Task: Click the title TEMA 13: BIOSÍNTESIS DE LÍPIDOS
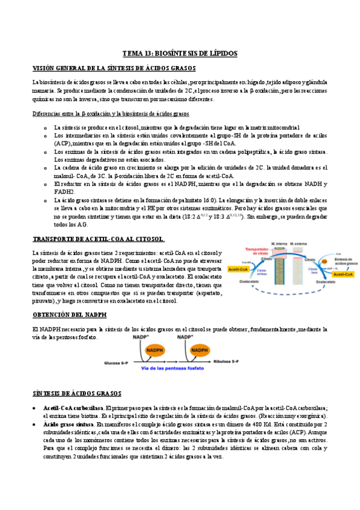pyautogui.click(x=180, y=54)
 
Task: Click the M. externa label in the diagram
pyautogui.click(x=299, y=244)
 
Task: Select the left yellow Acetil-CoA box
pyautogui.click(x=240, y=270)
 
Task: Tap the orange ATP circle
pyautogui.click(x=324, y=262)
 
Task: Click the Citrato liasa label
pyautogui.click(x=314, y=272)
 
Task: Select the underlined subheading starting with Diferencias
pyautogui.click(x=111, y=114)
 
